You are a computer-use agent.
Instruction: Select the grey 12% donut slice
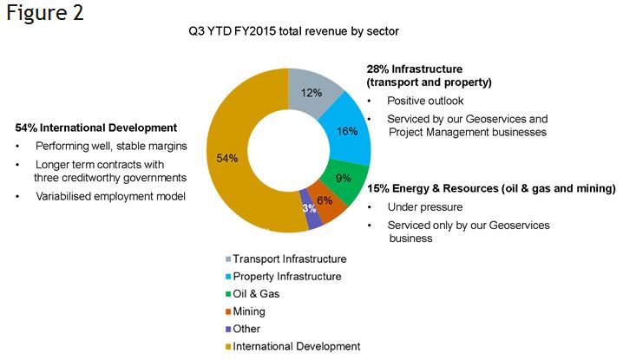click(x=309, y=94)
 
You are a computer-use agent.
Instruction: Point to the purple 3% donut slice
click(x=309, y=211)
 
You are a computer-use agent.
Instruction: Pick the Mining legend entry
click(x=261, y=311)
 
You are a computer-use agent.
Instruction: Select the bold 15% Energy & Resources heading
click(x=490, y=188)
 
